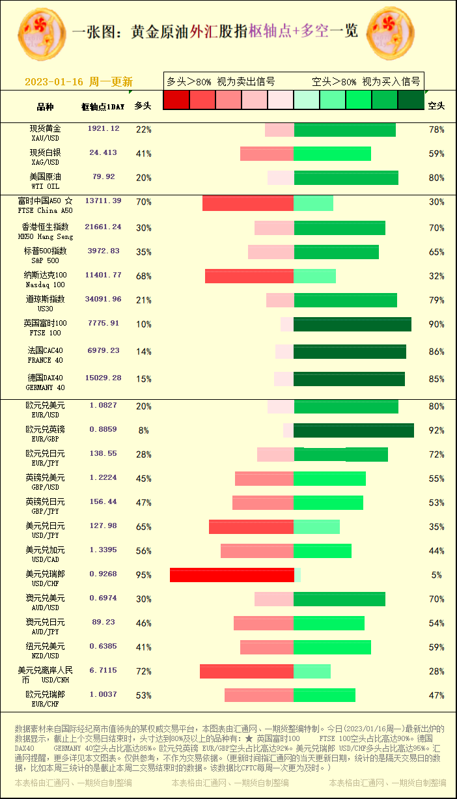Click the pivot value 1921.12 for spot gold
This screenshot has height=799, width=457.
click(104, 129)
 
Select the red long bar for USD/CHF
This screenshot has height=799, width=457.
click(232, 575)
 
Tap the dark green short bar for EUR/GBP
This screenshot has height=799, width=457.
click(353, 430)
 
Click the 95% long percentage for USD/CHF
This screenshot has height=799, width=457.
click(143, 575)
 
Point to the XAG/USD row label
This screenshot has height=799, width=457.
click(45, 158)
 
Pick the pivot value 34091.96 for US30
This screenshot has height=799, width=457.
click(103, 300)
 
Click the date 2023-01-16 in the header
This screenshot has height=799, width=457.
click(54, 82)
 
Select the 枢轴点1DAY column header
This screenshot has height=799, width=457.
click(102, 106)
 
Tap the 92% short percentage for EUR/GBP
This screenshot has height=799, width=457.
click(436, 430)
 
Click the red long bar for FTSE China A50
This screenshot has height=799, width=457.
click(248, 203)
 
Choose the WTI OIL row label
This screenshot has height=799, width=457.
click(45, 182)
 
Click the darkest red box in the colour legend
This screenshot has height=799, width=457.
click(176, 100)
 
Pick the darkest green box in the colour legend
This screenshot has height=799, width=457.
click(411, 100)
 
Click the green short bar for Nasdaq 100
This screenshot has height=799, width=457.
click(315, 276)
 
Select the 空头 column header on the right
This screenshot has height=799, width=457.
click(436, 105)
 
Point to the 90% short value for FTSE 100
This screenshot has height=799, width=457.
click(436, 324)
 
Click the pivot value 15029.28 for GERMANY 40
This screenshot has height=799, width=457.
click(103, 378)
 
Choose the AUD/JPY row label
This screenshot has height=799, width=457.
click(45, 626)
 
